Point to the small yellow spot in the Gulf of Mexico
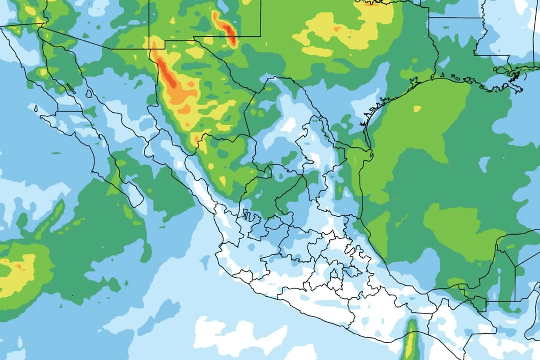(x=417, y=109)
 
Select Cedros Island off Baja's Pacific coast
(x=36, y=107)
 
